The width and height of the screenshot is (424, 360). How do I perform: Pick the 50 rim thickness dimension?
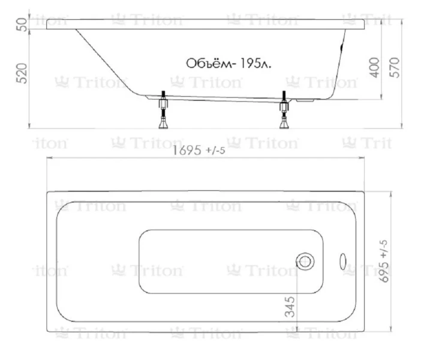[x=22, y=24]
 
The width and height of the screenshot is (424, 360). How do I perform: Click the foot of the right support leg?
[x=284, y=124]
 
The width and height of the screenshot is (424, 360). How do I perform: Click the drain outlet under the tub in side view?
[x=306, y=100]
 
